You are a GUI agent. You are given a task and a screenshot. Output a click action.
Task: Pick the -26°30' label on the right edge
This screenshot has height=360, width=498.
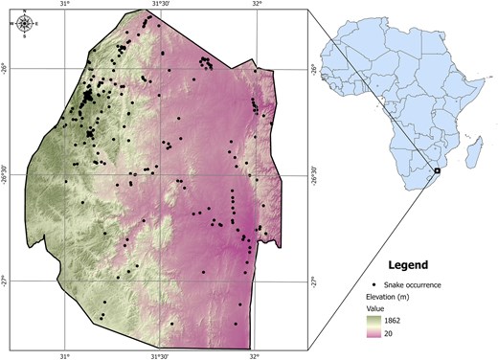[312, 176]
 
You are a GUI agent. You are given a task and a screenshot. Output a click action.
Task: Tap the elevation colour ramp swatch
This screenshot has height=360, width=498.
[375, 327]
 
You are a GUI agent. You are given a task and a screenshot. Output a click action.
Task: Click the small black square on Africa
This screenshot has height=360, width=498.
[437, 169]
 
